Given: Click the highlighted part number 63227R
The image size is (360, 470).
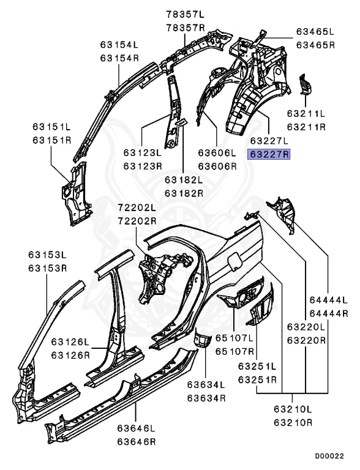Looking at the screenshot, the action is point(269,154).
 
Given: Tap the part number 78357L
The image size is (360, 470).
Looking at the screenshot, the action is point(186,15).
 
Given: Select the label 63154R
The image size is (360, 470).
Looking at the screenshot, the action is point(119,58).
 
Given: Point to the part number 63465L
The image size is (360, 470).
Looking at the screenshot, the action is point(315,31).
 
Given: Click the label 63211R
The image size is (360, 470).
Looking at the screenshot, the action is point(306,127).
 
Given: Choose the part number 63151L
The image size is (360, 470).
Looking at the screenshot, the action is point(51,127).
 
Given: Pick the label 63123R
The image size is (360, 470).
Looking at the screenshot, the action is point(143,166).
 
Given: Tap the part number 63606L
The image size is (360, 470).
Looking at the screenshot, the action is point(217,153).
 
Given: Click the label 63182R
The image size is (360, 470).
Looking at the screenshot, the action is point(184,193).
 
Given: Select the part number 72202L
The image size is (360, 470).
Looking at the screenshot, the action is point(137,207).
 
